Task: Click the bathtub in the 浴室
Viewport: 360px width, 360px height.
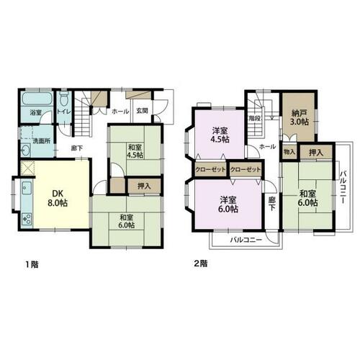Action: pos(37,99)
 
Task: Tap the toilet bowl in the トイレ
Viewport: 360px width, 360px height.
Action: pos(64,99)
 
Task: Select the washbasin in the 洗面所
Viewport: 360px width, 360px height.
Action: pos(26,150)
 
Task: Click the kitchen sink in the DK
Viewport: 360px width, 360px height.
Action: pos(27,188)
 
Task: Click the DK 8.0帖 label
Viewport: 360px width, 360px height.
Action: pos(58,198)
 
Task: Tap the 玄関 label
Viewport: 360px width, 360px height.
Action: pos(142,111)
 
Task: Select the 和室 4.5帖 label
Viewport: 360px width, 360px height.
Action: pos(135,151)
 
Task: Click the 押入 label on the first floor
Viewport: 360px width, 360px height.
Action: pos(144,186)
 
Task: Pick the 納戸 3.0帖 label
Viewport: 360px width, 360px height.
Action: pos(300,117)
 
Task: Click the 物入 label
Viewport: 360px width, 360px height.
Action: pos(289,152)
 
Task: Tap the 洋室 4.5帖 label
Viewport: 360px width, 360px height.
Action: pos(220,135)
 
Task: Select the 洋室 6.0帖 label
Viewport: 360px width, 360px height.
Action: pos(229,204)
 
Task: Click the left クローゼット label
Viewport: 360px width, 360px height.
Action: pos(210,170)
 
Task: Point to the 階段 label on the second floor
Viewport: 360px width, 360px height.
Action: pos(255,118)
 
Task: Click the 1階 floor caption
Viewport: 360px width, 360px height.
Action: pos(32,265)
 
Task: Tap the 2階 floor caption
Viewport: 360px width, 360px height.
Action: pos(201,264)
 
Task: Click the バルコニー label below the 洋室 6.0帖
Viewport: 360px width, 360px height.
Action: pos(246,240)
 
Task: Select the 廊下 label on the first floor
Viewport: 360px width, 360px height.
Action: pos(77,148)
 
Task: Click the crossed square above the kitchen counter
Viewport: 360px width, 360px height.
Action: pos(27,168)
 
